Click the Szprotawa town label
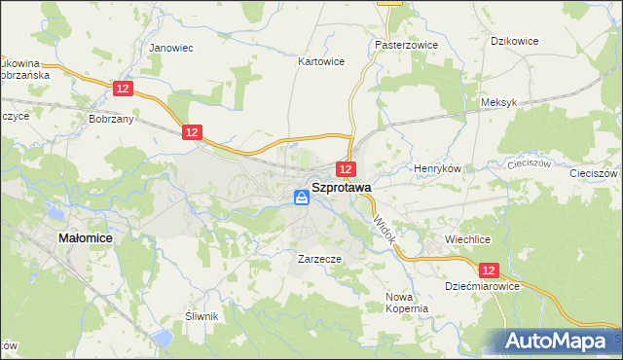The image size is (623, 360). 340,187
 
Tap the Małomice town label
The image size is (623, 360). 85,236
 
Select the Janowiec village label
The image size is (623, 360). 167,46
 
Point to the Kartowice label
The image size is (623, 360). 320,60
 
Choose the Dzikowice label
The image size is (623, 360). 515,41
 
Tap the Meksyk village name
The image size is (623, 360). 497,101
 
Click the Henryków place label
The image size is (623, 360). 437,167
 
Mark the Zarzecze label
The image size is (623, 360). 319,260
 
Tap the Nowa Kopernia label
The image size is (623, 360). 407,303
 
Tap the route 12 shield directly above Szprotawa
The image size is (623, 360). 346,169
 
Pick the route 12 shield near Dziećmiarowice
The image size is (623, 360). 489,270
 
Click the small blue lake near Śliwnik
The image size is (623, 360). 163,338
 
